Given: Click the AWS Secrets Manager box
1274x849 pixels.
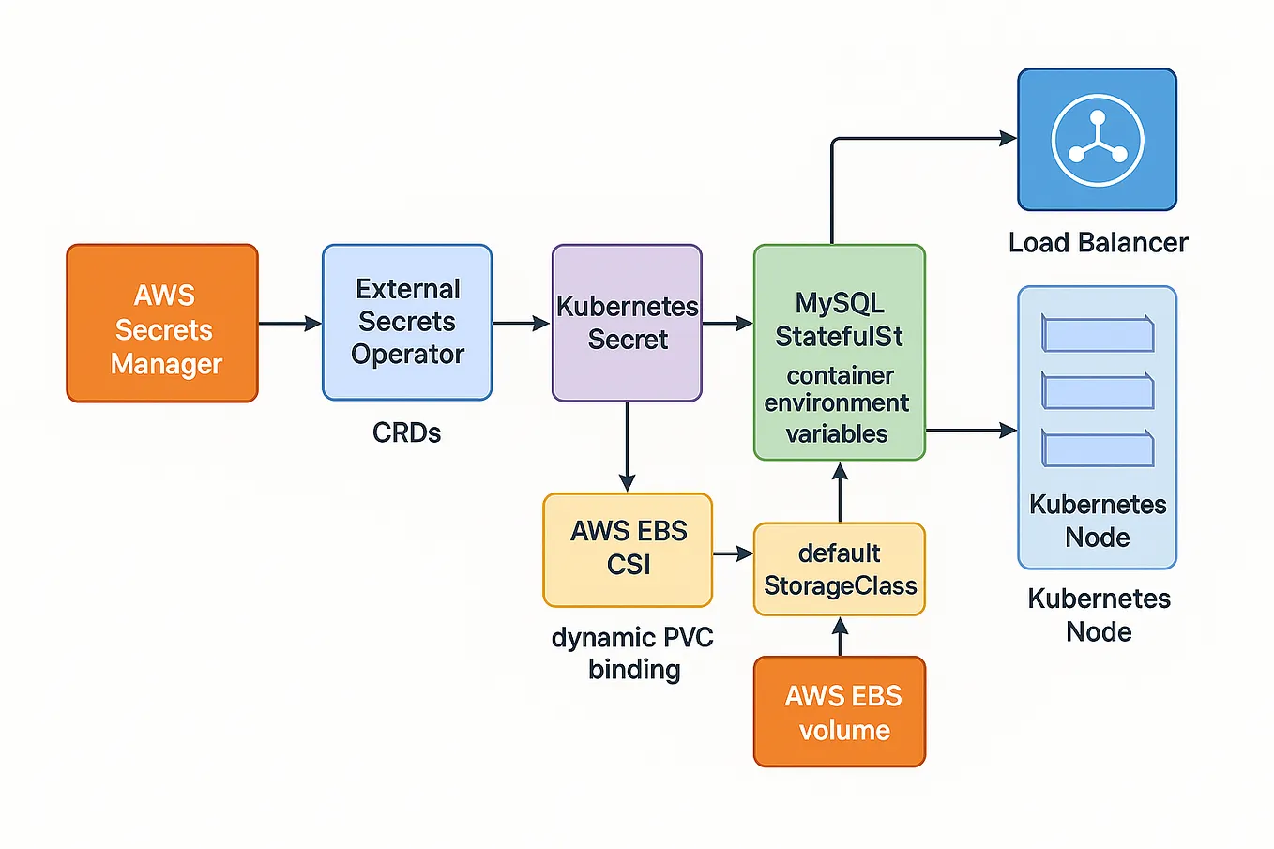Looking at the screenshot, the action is click(x=162, y=323).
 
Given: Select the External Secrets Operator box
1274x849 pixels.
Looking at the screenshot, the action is click(x=407, y=323).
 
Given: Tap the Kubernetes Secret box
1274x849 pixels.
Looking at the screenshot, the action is click(x=627, y=323).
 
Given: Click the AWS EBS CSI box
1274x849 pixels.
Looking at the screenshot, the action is click(x=628, y=550).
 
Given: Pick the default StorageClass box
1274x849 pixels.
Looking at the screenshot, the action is click(x=840, y=569).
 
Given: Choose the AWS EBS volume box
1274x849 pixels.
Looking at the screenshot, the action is click(x=840, y=712).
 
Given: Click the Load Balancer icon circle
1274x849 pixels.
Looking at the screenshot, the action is click(x=1098, y=140).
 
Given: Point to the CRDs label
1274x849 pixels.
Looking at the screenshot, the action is click(x=406, y=432).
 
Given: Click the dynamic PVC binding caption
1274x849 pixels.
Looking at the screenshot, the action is click(x=632, y=653).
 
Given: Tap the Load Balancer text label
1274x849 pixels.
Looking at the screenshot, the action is click(x=1099, y=243).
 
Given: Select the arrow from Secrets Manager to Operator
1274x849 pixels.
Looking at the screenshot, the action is click(x=290, y=323).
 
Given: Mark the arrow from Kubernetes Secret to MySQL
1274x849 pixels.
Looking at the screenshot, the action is click(x=728, y=323).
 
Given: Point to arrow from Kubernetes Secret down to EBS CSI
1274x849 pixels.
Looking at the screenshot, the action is click(x=627, y=447).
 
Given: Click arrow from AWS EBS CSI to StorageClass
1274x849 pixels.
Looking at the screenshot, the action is click(x=733, y=553).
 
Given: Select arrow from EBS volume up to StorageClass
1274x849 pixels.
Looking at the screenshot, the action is click(x=840, y=636).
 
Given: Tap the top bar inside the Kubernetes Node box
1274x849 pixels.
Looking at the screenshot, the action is click(x=1098, y=333).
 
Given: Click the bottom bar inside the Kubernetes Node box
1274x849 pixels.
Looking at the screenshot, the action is click(x=1098, y=448).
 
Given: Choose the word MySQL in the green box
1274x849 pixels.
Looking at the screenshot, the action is click(x=840, y=304).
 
